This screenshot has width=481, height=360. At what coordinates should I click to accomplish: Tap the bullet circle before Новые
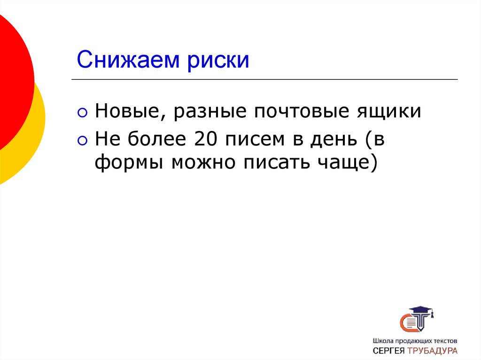click(83, 113)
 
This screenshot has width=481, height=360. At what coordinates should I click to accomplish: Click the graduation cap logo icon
click(416, 319)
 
